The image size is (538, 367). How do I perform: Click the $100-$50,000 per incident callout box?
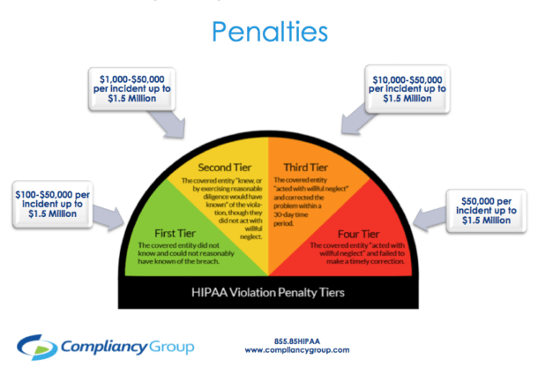[53, 203]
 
